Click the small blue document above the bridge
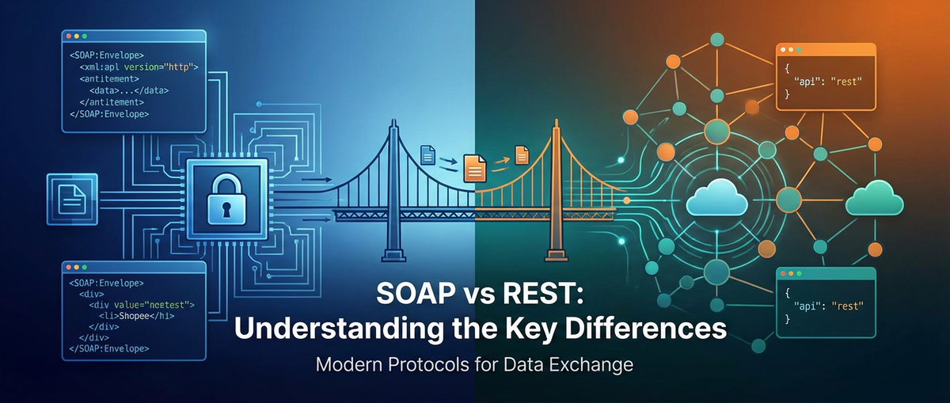427,155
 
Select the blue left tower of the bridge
393,190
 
